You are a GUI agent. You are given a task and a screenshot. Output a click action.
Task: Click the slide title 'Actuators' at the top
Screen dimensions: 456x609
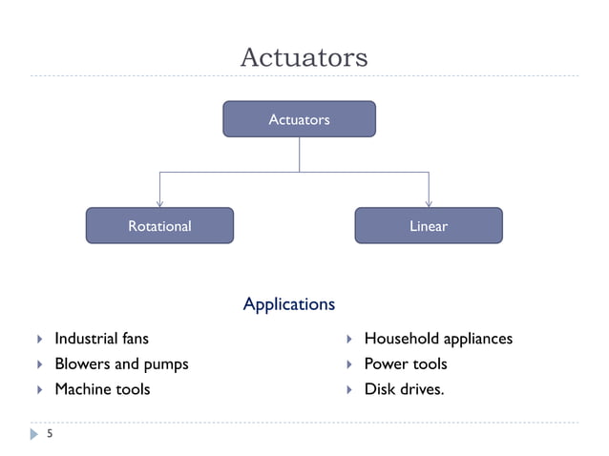tap(304, 57)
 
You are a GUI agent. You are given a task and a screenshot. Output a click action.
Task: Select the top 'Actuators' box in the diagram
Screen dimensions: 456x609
tap(299, 119)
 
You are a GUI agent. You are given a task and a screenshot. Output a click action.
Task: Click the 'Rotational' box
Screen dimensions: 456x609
tap(159, 226)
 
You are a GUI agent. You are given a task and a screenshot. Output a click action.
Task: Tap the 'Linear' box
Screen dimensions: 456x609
tap(429, 226)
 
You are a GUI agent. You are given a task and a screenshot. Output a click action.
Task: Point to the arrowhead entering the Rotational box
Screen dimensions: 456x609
tap(159, 202)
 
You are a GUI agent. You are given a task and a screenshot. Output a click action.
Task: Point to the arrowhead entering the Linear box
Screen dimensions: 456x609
tap(429, 202)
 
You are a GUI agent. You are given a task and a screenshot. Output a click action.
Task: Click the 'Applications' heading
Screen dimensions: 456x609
tap(289, 304)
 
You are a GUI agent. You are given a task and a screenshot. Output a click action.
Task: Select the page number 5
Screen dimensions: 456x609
tap(49, 434)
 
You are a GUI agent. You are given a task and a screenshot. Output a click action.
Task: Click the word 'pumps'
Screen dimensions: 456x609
tap(166, 364)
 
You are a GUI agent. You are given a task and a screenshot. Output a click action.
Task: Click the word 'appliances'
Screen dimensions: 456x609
tap(476, 340)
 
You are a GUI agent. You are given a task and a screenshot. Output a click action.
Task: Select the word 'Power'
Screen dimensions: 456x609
tap(385, 364)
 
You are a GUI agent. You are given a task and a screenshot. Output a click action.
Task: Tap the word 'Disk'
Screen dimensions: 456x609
tap(380, 389)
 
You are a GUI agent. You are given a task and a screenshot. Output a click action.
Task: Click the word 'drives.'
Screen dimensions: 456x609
tap(422, 389)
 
